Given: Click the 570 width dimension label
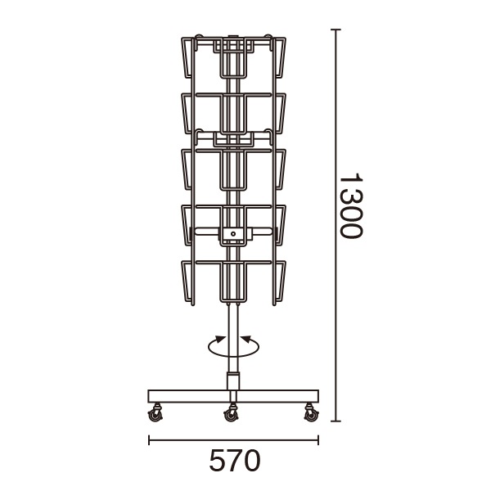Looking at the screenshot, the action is tap(235, 460).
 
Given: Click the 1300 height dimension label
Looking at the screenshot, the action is tap(351, 205).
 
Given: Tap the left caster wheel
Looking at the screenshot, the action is tap(155, 413).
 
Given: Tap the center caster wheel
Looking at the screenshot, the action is tap(231, 413).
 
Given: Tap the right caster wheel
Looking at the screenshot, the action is tap(311, 413).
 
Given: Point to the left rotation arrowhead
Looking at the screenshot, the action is tap(220, 340).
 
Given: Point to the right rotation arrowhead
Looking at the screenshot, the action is tap(246, 340).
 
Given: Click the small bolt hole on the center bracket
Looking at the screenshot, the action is tap(233, 233).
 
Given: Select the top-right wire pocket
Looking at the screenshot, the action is tap(279, 57).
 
